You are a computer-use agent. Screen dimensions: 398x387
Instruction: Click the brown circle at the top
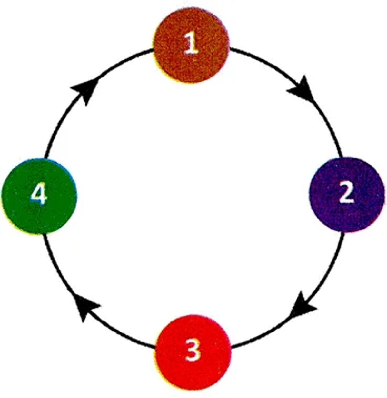click(191, 45)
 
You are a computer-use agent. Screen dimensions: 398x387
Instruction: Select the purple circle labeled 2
click(347, 194)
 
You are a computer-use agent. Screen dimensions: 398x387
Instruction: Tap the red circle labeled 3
click(193, 352)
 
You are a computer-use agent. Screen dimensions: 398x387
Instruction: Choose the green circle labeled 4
click(39, 196)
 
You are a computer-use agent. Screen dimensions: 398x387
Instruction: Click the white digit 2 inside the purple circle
click(347, 194)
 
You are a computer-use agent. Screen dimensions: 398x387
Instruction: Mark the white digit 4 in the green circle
click(39, 195)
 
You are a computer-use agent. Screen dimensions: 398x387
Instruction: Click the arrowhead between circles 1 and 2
click(302, 89)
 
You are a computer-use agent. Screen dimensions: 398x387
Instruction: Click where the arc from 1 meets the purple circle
click(341, 157)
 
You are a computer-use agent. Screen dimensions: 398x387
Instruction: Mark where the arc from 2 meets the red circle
click(232, 347)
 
